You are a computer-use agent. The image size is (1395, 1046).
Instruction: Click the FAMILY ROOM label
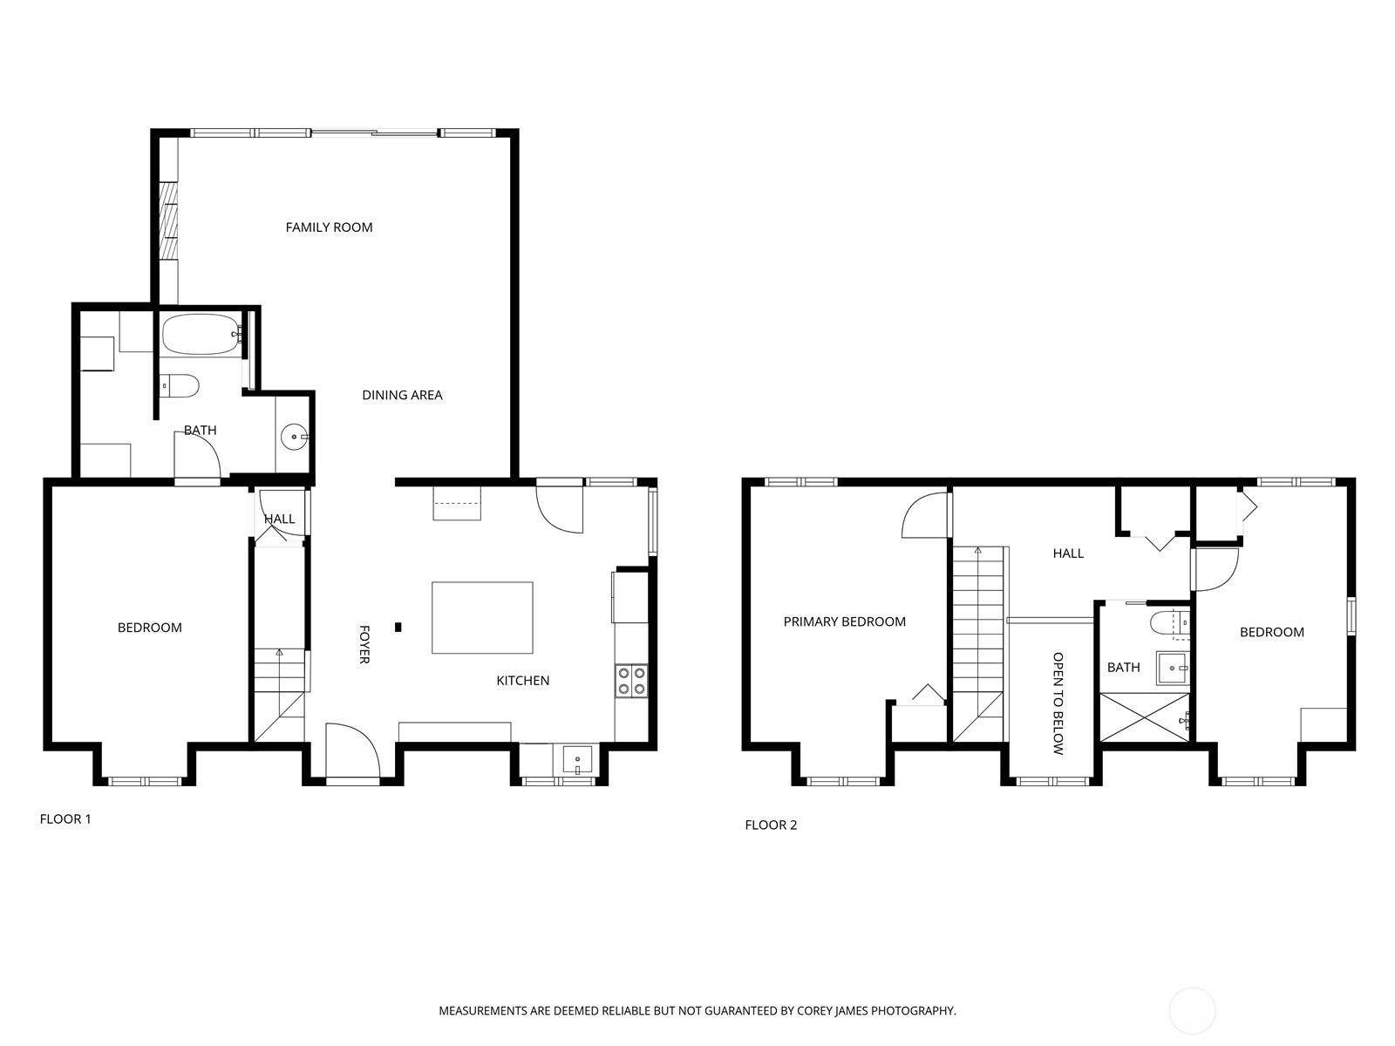pyautogui.click(x=329, y=228)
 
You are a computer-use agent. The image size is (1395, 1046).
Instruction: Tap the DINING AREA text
pyautogui.click(x=402, y=395)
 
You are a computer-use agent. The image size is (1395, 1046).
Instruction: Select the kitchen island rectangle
pyautogui.click(x=482, y=617)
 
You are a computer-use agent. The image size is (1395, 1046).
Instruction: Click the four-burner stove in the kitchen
pyautogui.click(x=631, y=681)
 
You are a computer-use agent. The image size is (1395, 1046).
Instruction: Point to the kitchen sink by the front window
pyautogui.click(x=576, y=759)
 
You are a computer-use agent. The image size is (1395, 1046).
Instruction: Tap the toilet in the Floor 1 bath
pyautogui.click(x=180, y=384)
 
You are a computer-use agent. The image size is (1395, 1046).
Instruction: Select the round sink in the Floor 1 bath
pyautogui.click(x=295, y=436)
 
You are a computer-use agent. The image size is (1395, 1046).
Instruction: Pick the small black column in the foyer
pyautogui.click(x=398, y=626)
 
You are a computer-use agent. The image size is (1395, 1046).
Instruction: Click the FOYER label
pyautogui.click(x=364, y=644)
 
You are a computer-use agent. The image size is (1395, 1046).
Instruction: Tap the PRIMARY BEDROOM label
pyautogui.click(x=844, y=621)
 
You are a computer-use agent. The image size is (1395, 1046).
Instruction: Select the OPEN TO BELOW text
pyautogui.click(x=1058, y=703)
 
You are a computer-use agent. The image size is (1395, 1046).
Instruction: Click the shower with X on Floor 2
pyautogui.click(x=1145, y=717)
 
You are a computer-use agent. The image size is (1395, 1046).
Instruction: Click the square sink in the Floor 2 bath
pyautogui.click(x=1172, y=668)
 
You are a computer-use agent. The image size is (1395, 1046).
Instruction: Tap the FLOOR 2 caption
pyautogui.click(x=771, y=825)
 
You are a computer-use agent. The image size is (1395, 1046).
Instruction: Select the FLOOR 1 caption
pyautogui.click(x=65, y=818)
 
